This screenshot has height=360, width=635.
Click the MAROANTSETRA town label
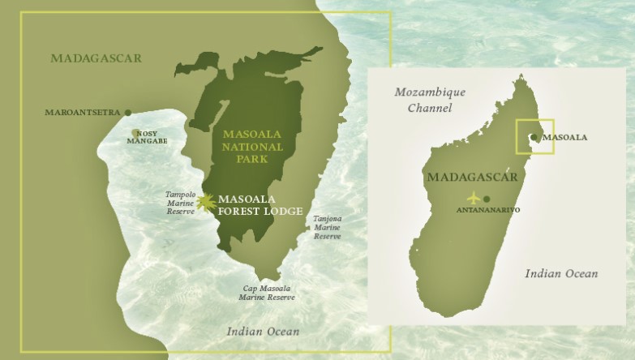82,112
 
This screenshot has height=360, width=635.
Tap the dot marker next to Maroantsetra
127,112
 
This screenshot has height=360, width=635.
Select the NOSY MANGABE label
146,137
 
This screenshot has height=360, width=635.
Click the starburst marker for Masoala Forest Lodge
207,201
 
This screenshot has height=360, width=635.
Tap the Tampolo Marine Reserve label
180,203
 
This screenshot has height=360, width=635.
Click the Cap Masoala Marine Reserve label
267,293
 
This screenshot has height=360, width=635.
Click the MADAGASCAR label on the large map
96,58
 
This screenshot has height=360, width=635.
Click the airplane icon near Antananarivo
474,198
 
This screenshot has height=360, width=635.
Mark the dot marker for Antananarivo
487,199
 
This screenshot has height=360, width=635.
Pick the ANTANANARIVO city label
489,210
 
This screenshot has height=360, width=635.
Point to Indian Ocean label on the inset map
561,274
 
